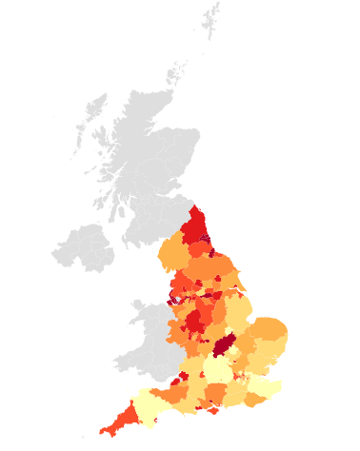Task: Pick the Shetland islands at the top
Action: click(210, 19)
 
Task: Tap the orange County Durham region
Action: click(200, 250)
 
